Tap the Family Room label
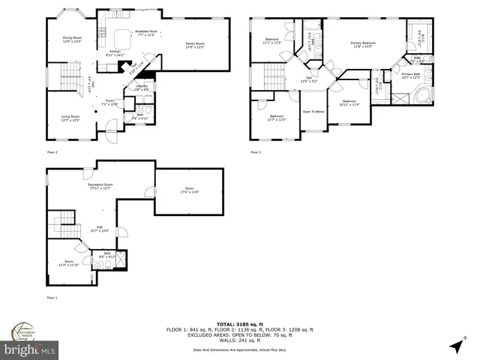(x=195, y=45)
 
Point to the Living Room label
(x=70, y=118)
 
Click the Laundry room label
(x=141, y=87)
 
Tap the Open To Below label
(x=313, y=111)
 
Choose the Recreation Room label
(x=100, y=186)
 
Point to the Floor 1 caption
(x=52, y=298)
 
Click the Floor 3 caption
(x=256, y=152)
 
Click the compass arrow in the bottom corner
(x=457, y=346)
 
